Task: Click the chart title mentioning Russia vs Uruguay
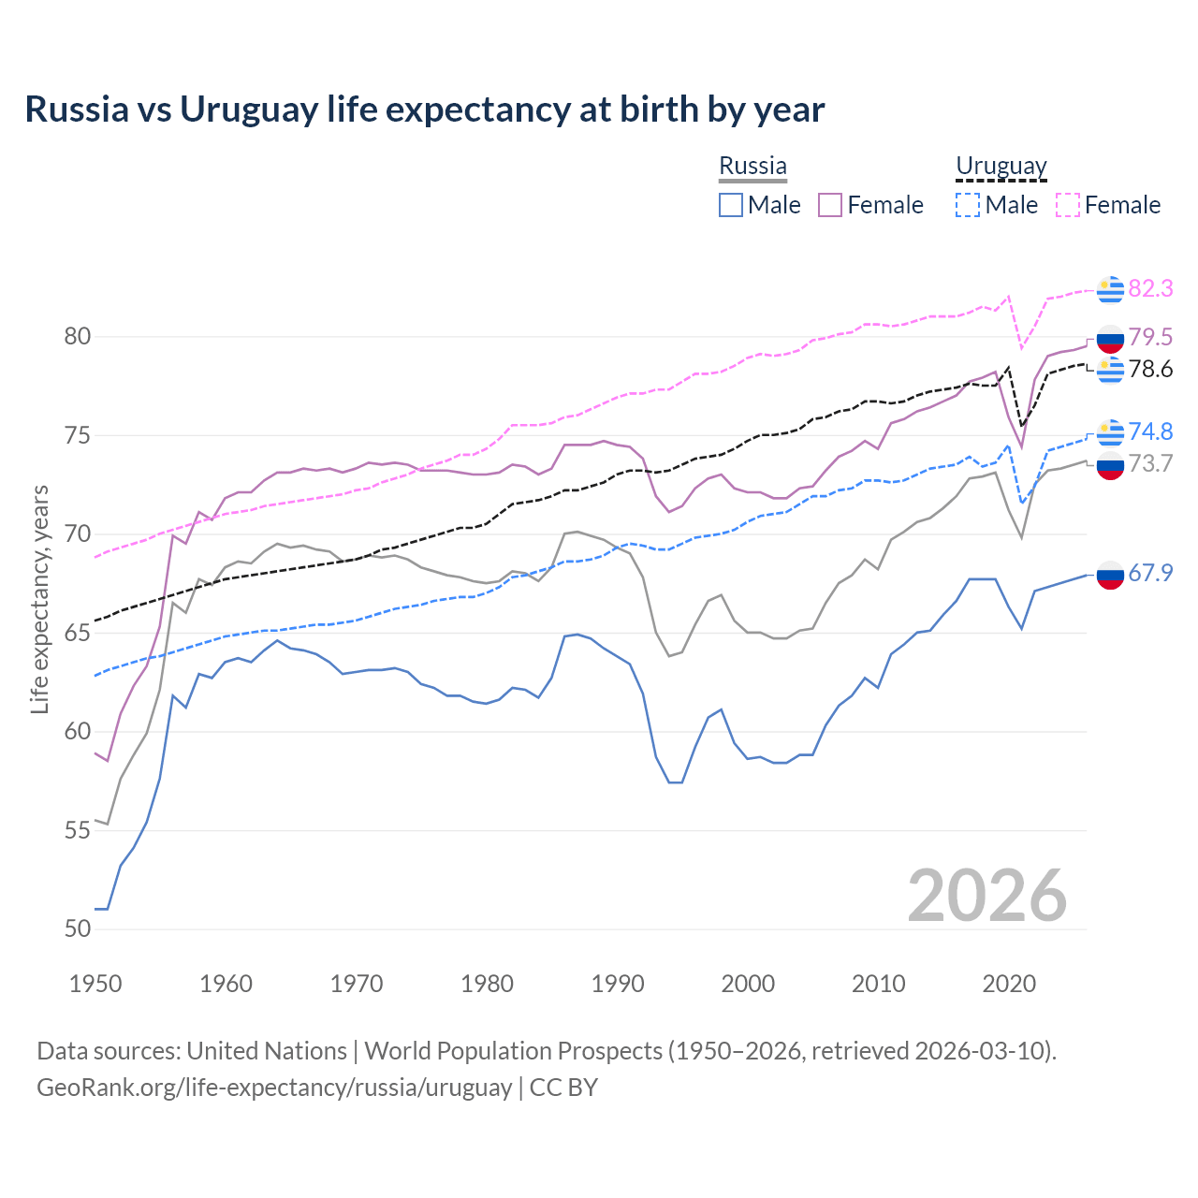pos(424,110)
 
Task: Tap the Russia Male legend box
pos(731,205)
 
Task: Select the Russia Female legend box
pos(830,205)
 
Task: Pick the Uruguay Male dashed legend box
pos(968,205)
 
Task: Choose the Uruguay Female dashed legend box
pos(1068,205)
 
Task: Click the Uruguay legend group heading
pos(1001,167)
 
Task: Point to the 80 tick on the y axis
pos(78,337)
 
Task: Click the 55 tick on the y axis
pos(78,830)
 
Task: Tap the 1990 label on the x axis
pos(618,984)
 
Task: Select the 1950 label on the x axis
pos(95,984)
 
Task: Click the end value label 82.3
pos(1150,289)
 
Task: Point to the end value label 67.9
pos(1150,574)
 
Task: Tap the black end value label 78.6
pos(1150,370)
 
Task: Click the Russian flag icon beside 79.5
pos(1110,338)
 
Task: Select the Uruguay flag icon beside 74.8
pos(1110,432)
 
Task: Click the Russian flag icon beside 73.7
pos(1110,465)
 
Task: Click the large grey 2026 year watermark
pos(987,897)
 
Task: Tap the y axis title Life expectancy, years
pos(39,599)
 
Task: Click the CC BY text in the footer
pos(563,1088)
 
